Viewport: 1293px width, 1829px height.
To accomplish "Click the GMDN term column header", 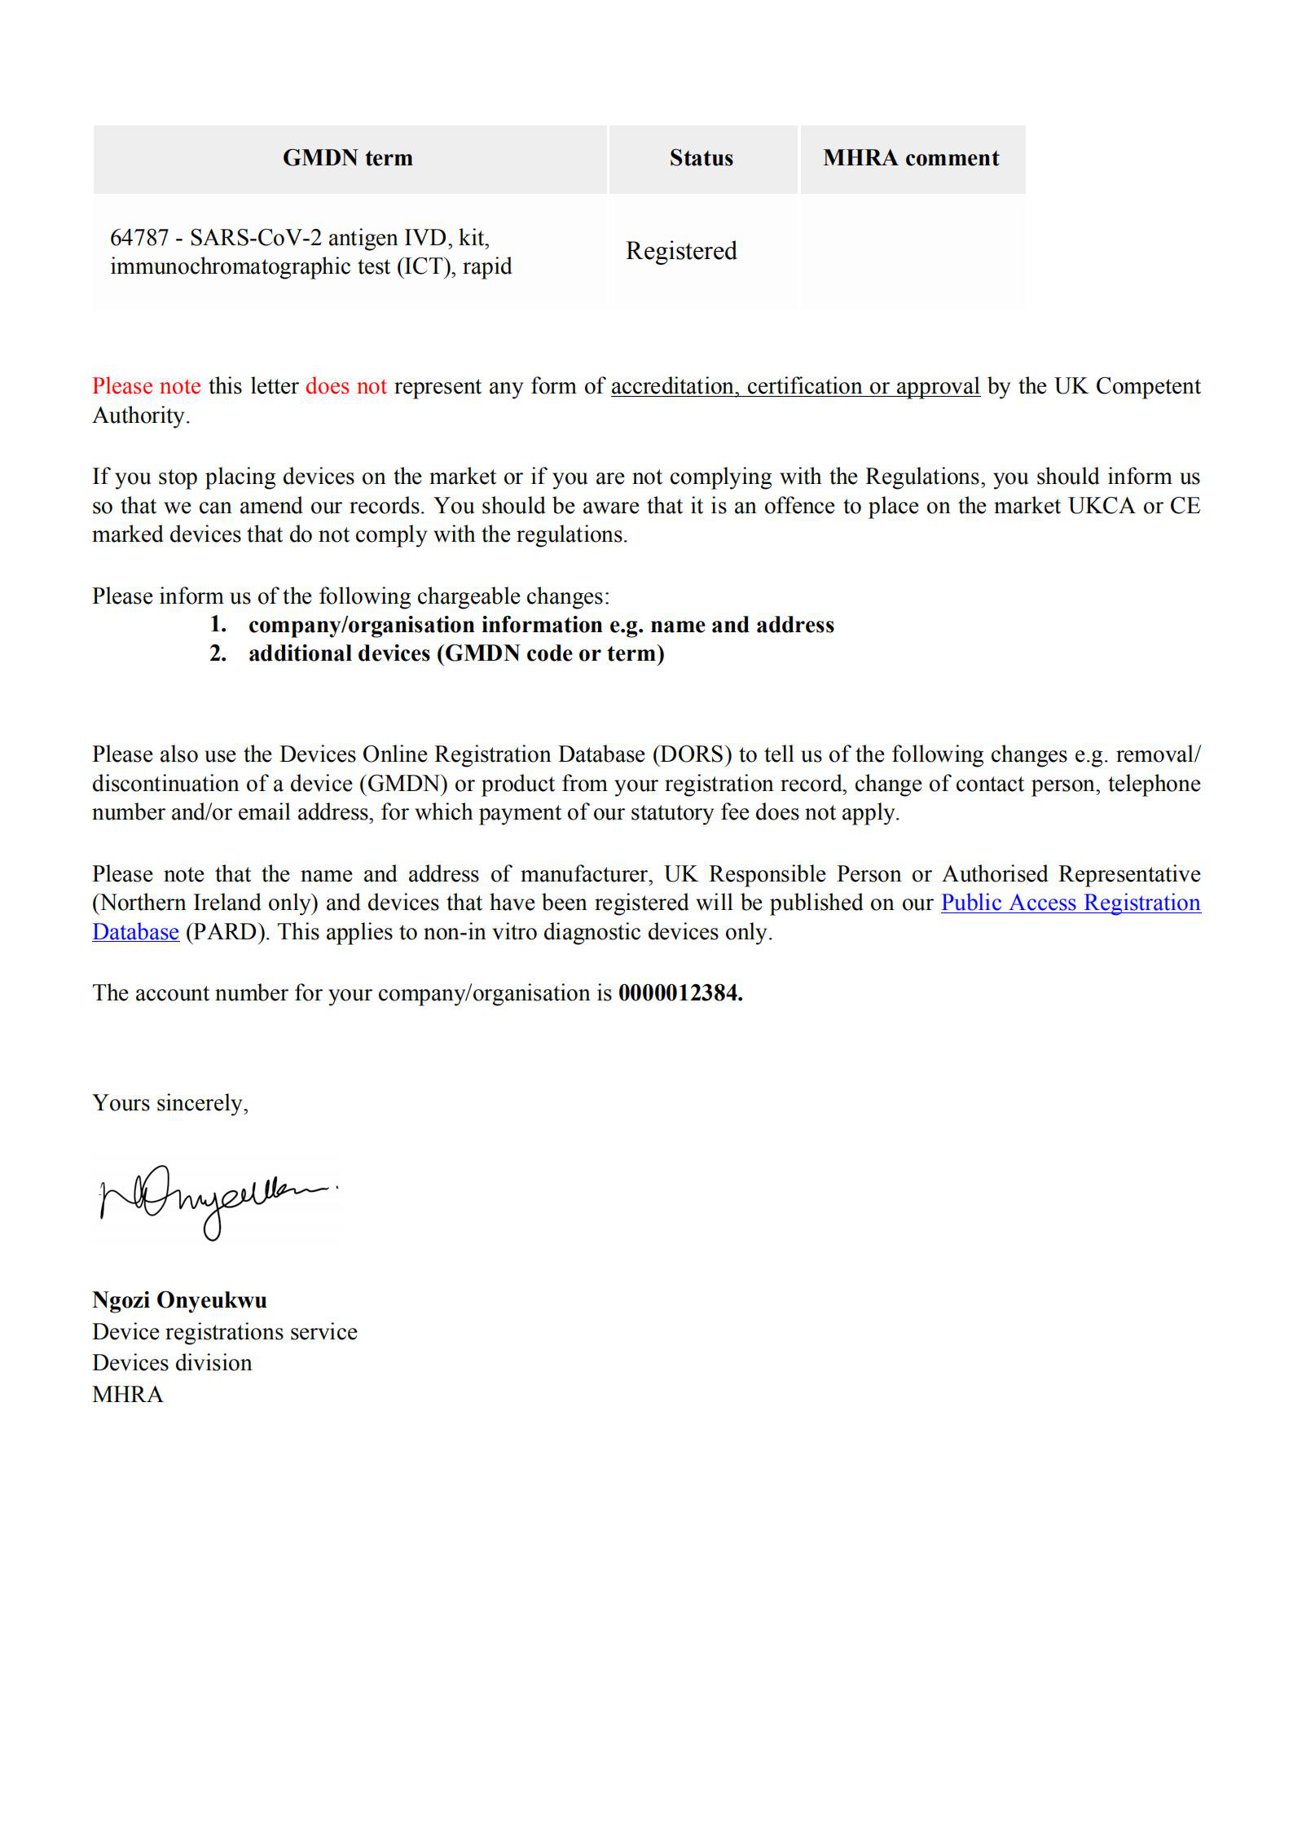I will [x=347, y=158].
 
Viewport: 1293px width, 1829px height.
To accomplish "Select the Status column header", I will [x=701, y=158].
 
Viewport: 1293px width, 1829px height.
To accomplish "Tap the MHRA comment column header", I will [x=911, y=158].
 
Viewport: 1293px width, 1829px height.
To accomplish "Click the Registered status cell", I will [x=681, y=251].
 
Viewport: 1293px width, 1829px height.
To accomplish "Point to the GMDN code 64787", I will [x=139, y=238].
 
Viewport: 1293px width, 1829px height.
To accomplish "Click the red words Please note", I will [x=147, y=386].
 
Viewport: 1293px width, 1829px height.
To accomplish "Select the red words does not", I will [x=345, y=386].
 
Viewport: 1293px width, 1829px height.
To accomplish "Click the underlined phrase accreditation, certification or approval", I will [x=794, y=386].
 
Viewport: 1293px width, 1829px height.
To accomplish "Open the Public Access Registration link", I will [x=1070, y=903].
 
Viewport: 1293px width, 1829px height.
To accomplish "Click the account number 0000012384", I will [x=679, y=993].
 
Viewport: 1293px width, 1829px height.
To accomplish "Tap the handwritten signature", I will [x=216, y=1199].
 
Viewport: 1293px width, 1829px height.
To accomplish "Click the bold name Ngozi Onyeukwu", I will [x=179, y=1299].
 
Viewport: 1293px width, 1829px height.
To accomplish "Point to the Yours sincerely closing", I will [x=169, y=1103].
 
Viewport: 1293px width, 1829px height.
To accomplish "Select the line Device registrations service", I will [x=224, y=1331].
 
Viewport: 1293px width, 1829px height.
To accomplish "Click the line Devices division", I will [x=172, y=1363].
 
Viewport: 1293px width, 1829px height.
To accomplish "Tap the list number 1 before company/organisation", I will [x=218, y=625].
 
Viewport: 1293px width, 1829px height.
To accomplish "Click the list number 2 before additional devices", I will [x=218, y=653].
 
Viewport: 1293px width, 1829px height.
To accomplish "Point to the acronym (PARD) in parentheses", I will [x=226, y=932].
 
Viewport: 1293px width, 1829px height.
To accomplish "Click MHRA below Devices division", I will [x=128, y=1395].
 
